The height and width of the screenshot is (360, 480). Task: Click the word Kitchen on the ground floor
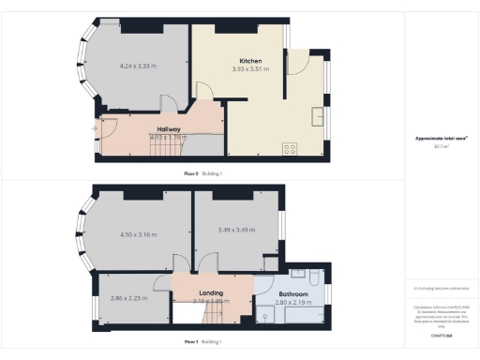pyautogui.click(x=249, y=60)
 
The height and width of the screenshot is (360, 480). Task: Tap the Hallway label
pyautogui.click(x=169, y=129)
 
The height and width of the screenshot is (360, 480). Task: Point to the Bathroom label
pyautogui.click(x=282, y=280)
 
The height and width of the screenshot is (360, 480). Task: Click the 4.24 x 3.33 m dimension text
pyautogui.click(x=139, y=67)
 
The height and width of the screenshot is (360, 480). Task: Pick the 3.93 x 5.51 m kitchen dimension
pyautogui.click(x=249, y=68)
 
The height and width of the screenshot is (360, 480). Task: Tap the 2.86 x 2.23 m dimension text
pyautogui.click(x=129, y=296)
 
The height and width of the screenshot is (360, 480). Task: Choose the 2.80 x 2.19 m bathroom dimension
pyautogui.click(x=282, y=304)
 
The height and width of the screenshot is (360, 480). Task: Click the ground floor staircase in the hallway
pyautogui.click(x=170, y=145)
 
